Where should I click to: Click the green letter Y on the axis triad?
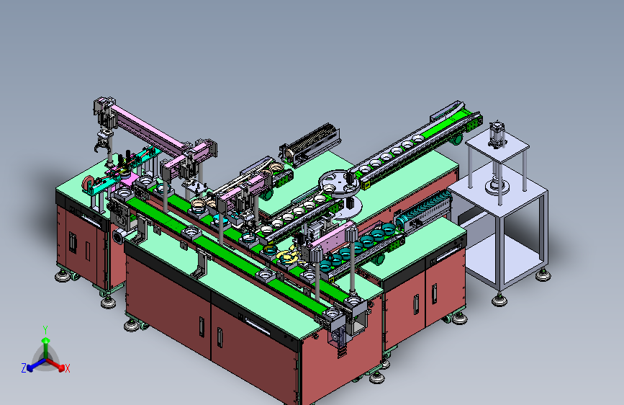[45, 330]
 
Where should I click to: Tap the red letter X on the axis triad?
[67, 368]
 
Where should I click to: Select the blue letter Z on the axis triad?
[24, 368]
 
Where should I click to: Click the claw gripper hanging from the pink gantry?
[104, 143]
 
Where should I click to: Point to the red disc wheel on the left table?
[89, 184]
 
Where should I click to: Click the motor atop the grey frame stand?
[497, 134]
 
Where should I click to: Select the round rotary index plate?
[340, 183]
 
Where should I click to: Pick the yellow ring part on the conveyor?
[287, 257]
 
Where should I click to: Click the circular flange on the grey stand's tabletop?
[497, 186]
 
